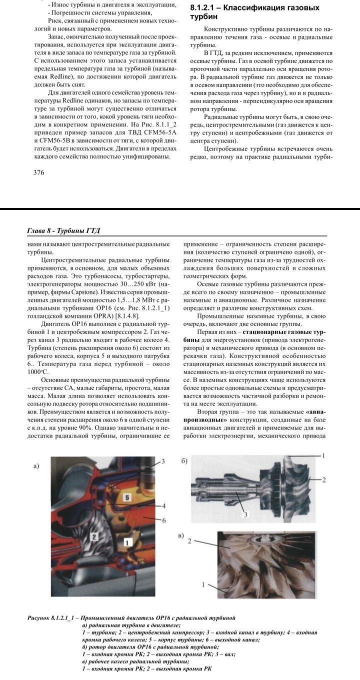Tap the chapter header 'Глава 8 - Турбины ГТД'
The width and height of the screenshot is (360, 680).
click(x=63, y=230)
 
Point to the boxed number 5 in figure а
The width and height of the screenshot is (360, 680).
click(x=127, y=498)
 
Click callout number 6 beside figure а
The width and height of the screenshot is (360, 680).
click(x=163, y=520)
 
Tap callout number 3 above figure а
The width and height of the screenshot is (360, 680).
click(x=163, y=461)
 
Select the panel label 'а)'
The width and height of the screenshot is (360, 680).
click(x=35, y=466)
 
